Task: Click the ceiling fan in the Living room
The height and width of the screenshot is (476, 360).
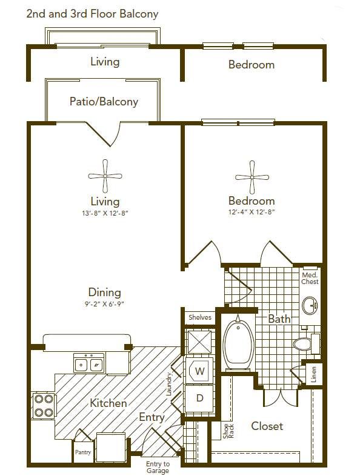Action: [x=105, y=176]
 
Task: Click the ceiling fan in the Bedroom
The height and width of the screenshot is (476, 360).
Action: [x=252, y=177]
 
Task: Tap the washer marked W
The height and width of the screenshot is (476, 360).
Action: [x=199, y=371]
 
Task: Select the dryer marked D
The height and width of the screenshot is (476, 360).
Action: [x=199, y=398]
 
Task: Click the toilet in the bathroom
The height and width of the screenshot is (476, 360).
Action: [x=306, y=344]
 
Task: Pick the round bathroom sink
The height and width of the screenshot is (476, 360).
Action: [x=310, y=305]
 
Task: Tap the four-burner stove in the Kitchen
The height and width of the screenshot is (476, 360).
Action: [x=44, y=405]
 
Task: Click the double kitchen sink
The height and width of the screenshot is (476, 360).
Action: [x=88, y=363]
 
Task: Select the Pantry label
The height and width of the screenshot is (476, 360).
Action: [x=83, y=452]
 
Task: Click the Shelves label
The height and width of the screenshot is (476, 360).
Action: [x=200, y=317]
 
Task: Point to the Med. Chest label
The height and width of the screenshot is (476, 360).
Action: [x=310, y=278]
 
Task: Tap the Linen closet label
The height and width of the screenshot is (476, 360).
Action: [x=313, y=374]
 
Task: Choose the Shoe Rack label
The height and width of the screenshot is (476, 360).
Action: [x=228, y=431]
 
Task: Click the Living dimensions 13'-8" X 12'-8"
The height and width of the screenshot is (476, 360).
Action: [x=105, y=213]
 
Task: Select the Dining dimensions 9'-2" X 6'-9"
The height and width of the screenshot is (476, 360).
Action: [x=105, y=304]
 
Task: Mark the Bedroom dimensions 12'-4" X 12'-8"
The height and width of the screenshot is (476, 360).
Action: [x=252, y=212]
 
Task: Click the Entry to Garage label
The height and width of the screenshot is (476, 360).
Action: [x=158, y=468]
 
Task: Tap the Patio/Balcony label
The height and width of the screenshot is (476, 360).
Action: [x=104, y=101]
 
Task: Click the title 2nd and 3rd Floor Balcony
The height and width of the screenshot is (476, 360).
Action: [x=92, y=14]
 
